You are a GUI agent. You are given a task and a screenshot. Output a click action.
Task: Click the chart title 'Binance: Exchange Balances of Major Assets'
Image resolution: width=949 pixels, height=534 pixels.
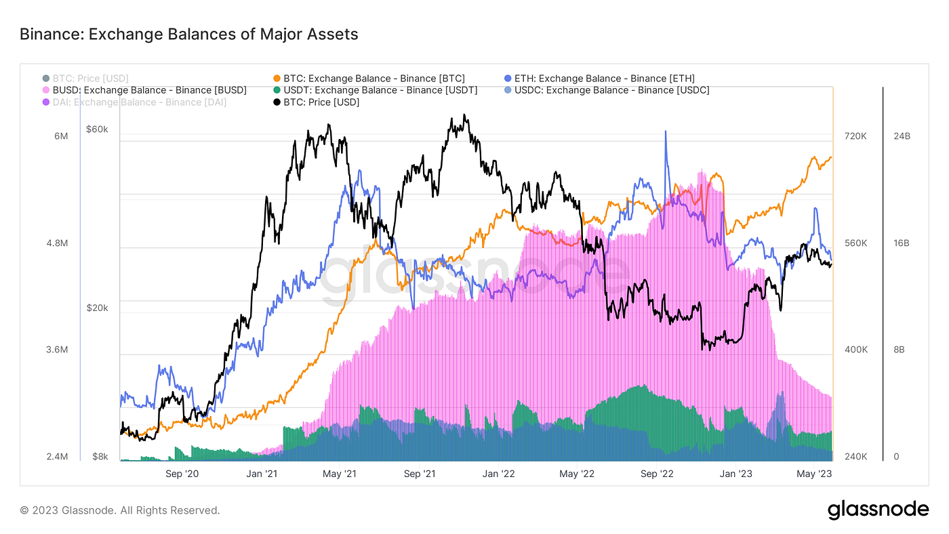point(188,33)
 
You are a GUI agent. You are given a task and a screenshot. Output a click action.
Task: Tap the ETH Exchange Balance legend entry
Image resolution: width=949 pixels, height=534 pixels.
point(601,79)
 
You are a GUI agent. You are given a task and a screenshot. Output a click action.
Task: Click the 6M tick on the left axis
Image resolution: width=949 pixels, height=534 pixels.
point(61,136)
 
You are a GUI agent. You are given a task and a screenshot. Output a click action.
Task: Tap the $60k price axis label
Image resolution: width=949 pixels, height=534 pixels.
point(97,129)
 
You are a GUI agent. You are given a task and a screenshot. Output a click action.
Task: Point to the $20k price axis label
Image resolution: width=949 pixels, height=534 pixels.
point(97,308)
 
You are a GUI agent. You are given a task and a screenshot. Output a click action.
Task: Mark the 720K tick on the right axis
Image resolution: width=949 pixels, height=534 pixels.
point(855,136)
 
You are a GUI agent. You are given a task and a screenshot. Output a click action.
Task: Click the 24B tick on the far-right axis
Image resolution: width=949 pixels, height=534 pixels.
point(902,136)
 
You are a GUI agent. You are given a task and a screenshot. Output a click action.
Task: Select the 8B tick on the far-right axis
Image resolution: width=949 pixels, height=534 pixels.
point(900,350)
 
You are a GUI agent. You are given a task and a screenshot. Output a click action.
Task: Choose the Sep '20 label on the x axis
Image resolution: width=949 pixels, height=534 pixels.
point(183,474)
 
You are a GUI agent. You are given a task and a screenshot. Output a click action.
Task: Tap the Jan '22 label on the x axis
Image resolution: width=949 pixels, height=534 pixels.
point(500,474)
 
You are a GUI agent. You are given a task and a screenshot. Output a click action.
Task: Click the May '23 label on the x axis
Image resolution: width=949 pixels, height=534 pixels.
point(815,474)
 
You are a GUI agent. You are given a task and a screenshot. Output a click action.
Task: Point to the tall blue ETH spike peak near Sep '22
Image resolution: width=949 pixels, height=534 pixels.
point(666,131)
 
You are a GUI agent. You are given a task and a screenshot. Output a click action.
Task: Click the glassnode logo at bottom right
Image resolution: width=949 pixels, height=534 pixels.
point(878,510)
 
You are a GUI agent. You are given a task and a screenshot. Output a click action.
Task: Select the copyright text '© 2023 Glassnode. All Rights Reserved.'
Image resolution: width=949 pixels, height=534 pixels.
point(119,510)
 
